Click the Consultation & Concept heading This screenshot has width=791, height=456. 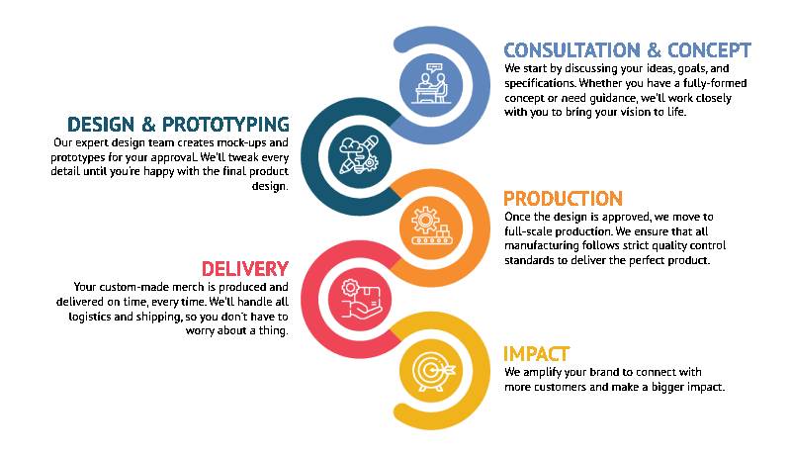tap(627, 50)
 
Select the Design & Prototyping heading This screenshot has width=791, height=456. tap(178, 125)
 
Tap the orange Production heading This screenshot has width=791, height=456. tap(563, 199)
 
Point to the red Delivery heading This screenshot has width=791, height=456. tap(245, 269)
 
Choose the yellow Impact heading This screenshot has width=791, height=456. tap(536, 354)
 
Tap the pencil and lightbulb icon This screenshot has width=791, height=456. tap(359, 155)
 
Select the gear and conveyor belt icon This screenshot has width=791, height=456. tap(431, 227)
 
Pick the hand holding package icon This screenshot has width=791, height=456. tap(361, 299)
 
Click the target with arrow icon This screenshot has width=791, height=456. tap(433, 372)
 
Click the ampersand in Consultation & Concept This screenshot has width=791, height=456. tap(654, 50)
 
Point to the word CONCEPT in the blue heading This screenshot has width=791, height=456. tap(709, 50)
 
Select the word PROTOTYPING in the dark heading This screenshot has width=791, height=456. tap(226, 125)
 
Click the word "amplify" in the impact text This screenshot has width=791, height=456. tap(542, 373)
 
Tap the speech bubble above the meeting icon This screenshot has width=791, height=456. tap(434, 67)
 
